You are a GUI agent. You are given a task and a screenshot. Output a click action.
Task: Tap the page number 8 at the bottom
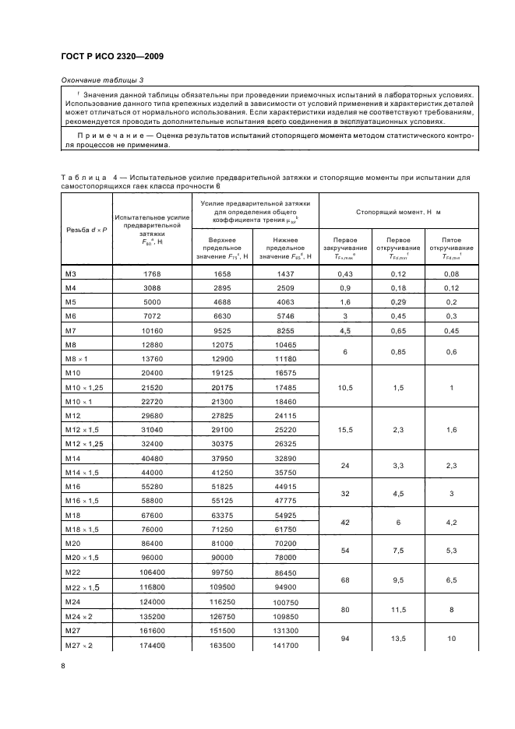pos(63,665)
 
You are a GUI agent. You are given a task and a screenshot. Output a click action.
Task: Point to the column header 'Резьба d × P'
pos(85,230)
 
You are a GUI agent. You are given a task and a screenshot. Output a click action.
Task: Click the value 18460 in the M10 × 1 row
pos(287,401)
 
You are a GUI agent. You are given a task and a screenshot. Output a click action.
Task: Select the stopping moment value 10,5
pos(344,387)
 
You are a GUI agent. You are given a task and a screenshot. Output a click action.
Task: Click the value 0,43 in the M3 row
pos(344,273)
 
